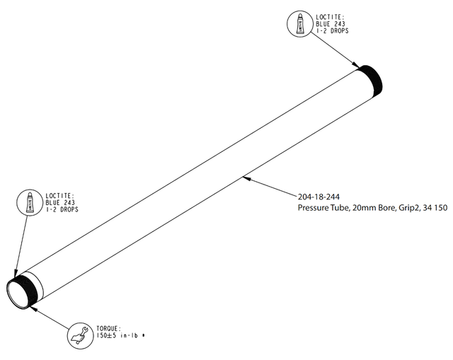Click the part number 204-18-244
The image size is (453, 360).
click(x=319, y=197)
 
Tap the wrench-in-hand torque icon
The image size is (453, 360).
click(x=80, y=336)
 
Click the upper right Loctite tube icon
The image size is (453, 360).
click(x=301, y=23)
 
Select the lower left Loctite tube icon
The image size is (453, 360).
click(x=30, y=202)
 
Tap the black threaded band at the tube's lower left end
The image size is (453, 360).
click(x=26, y=289)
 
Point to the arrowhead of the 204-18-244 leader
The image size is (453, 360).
click(x=246, y=178)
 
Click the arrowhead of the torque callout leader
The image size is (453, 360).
click(x=33, y=308)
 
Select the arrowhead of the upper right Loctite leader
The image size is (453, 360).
click(x=356, y=65)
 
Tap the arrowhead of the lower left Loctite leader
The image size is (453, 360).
click(x=16, y=274)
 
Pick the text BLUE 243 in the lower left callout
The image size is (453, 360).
click(x=60, y=203)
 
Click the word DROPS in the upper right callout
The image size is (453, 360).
click(x=340, y=30)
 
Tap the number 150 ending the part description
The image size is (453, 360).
click(x=441, y=207)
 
